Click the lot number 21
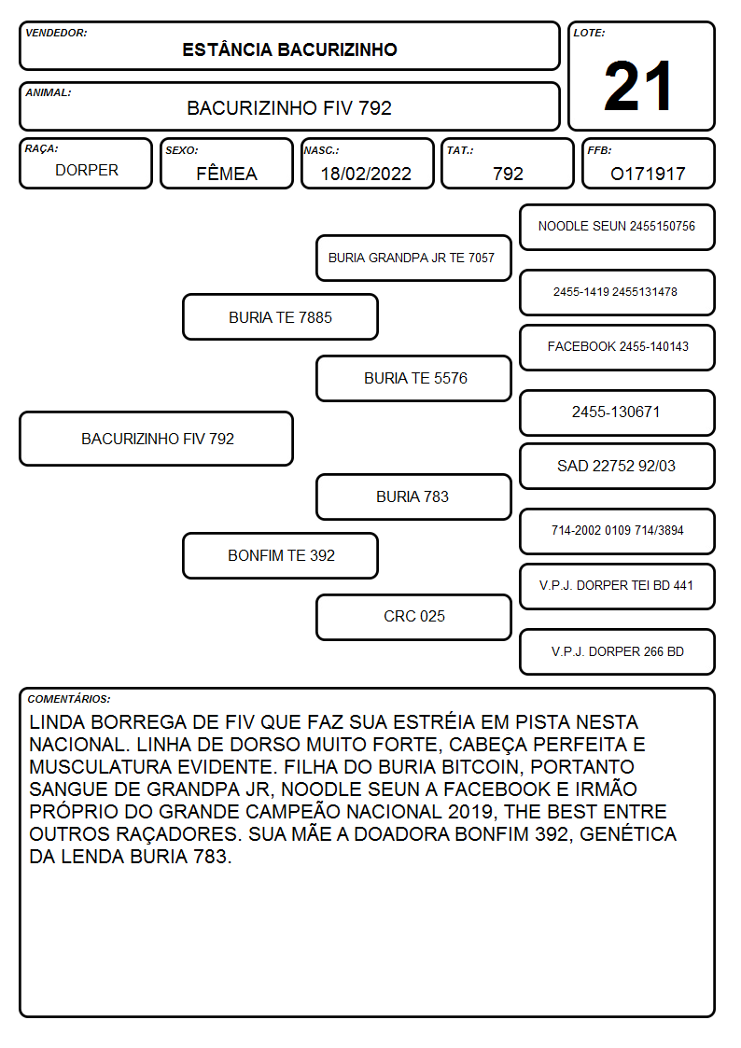638,86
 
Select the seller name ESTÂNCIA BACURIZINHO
289,49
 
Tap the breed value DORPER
87,171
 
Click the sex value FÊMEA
227,173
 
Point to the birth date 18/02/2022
366,174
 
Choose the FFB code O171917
648,174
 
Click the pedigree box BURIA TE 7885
281,317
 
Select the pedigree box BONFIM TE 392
281,555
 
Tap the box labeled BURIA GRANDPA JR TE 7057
413,258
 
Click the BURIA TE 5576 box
413,378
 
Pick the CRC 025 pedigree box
413,617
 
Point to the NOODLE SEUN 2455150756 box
618,228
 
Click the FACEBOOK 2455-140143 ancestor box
618,347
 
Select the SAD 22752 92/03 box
618,467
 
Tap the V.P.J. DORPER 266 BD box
618,652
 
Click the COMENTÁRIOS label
69,699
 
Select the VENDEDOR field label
56,33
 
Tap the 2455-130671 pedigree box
618,413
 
